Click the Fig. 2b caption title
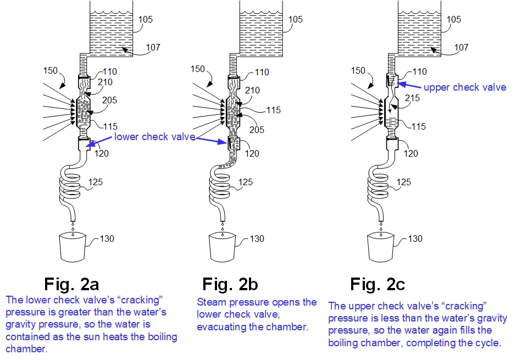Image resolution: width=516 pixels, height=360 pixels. [230, 285]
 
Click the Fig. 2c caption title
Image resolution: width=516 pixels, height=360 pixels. [378, 285]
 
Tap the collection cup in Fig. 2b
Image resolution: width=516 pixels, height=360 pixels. [223, 247]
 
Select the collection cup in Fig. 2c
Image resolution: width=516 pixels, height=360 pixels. [381, 247]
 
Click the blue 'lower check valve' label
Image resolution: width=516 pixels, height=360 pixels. [155, 137]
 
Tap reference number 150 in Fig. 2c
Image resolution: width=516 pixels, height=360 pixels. [358, 70]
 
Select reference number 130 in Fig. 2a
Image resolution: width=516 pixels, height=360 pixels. [108, 239]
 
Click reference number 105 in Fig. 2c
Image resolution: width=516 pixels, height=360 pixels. [454, 20]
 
